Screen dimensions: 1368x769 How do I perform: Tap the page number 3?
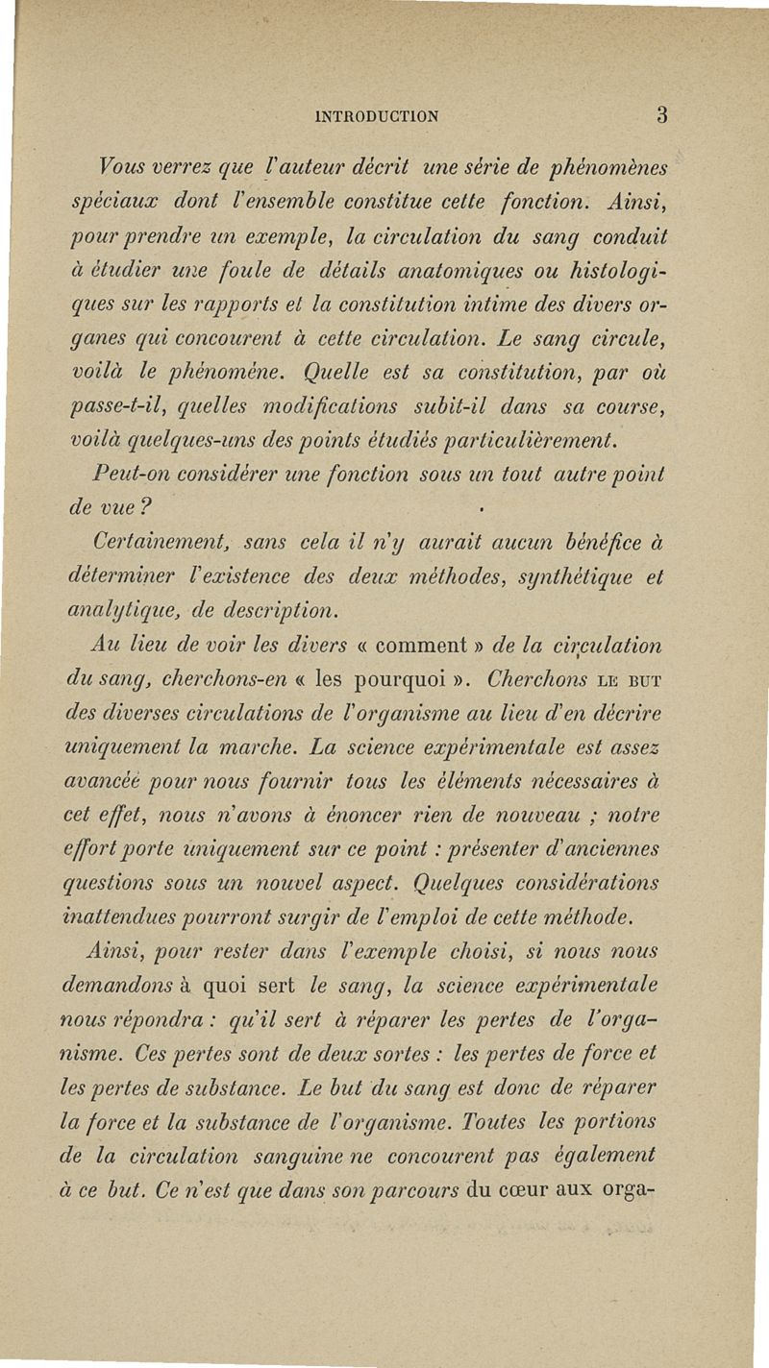click(x=662, y=115)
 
